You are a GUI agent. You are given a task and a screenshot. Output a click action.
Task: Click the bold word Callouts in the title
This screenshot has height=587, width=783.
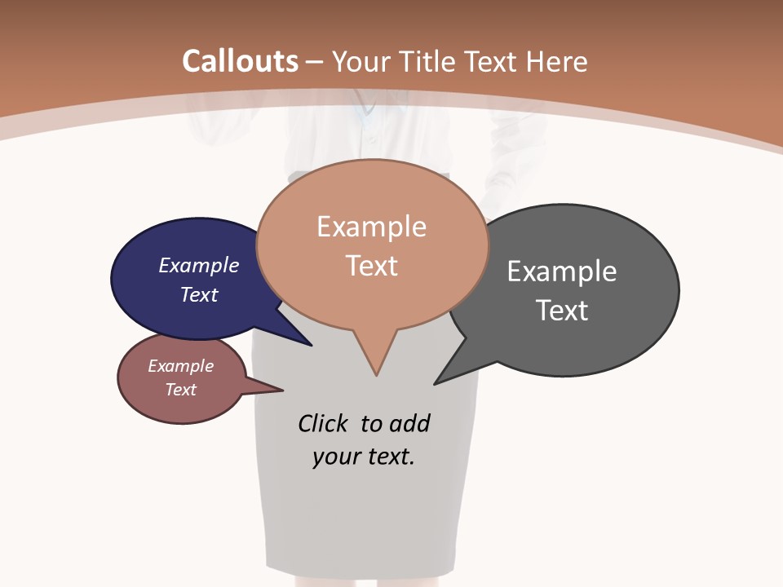(240, 61)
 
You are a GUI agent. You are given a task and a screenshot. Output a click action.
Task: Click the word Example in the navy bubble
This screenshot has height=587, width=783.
(199, 265)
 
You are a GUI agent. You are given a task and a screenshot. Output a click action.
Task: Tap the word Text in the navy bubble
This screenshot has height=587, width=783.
(199, 294)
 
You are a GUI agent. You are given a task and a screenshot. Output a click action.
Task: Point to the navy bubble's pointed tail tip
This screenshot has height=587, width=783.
(312, 346)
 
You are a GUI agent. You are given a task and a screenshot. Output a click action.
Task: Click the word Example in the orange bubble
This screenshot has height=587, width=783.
(372, 227)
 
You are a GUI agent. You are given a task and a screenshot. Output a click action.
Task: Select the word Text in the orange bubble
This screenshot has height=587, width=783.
(372, 266)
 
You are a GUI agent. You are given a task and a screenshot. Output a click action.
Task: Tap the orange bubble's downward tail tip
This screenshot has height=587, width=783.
(376, 375)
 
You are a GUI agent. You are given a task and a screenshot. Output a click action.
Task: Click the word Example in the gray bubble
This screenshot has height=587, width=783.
(562, 271)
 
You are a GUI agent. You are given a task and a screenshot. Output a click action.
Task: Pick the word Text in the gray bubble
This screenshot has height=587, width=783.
(562, 311)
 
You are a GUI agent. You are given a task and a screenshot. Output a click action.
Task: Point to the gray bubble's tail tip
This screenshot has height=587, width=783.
(435, 384)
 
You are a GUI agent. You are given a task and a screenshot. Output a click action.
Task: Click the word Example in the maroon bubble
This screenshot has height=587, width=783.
(181, 366)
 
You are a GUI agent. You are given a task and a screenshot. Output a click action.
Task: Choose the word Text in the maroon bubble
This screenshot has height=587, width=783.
(181, 390)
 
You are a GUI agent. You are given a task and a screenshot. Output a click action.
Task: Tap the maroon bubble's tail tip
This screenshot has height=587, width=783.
(282, 391)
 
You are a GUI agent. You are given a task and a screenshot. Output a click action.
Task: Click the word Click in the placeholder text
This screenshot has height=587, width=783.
(323, 423)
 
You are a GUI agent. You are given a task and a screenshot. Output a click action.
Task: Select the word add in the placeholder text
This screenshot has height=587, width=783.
(409, 423)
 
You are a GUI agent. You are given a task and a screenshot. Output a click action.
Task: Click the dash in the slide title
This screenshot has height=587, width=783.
(315, 62)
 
